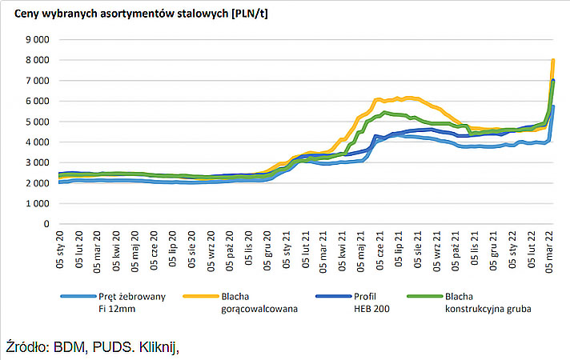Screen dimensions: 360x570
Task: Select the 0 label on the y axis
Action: [x=46, y=224]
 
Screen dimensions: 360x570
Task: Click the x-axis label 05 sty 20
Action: [x=60, y=251]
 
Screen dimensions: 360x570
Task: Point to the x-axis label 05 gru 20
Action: [x=268, y=251]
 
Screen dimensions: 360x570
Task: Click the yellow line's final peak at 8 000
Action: [x=553, y=61]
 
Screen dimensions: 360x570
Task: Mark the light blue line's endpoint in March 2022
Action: [x=553, y=106]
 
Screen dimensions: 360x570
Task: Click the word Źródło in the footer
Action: [x=29, y=347]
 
